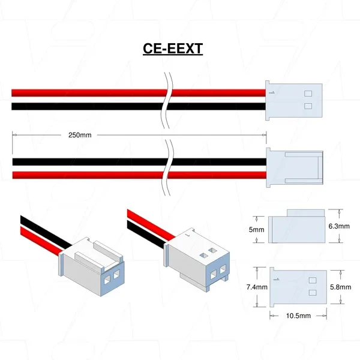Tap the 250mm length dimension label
79,135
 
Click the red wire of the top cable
90,93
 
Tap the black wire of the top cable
90,107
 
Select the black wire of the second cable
90,161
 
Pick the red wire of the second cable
90,175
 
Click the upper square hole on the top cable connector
308,93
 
